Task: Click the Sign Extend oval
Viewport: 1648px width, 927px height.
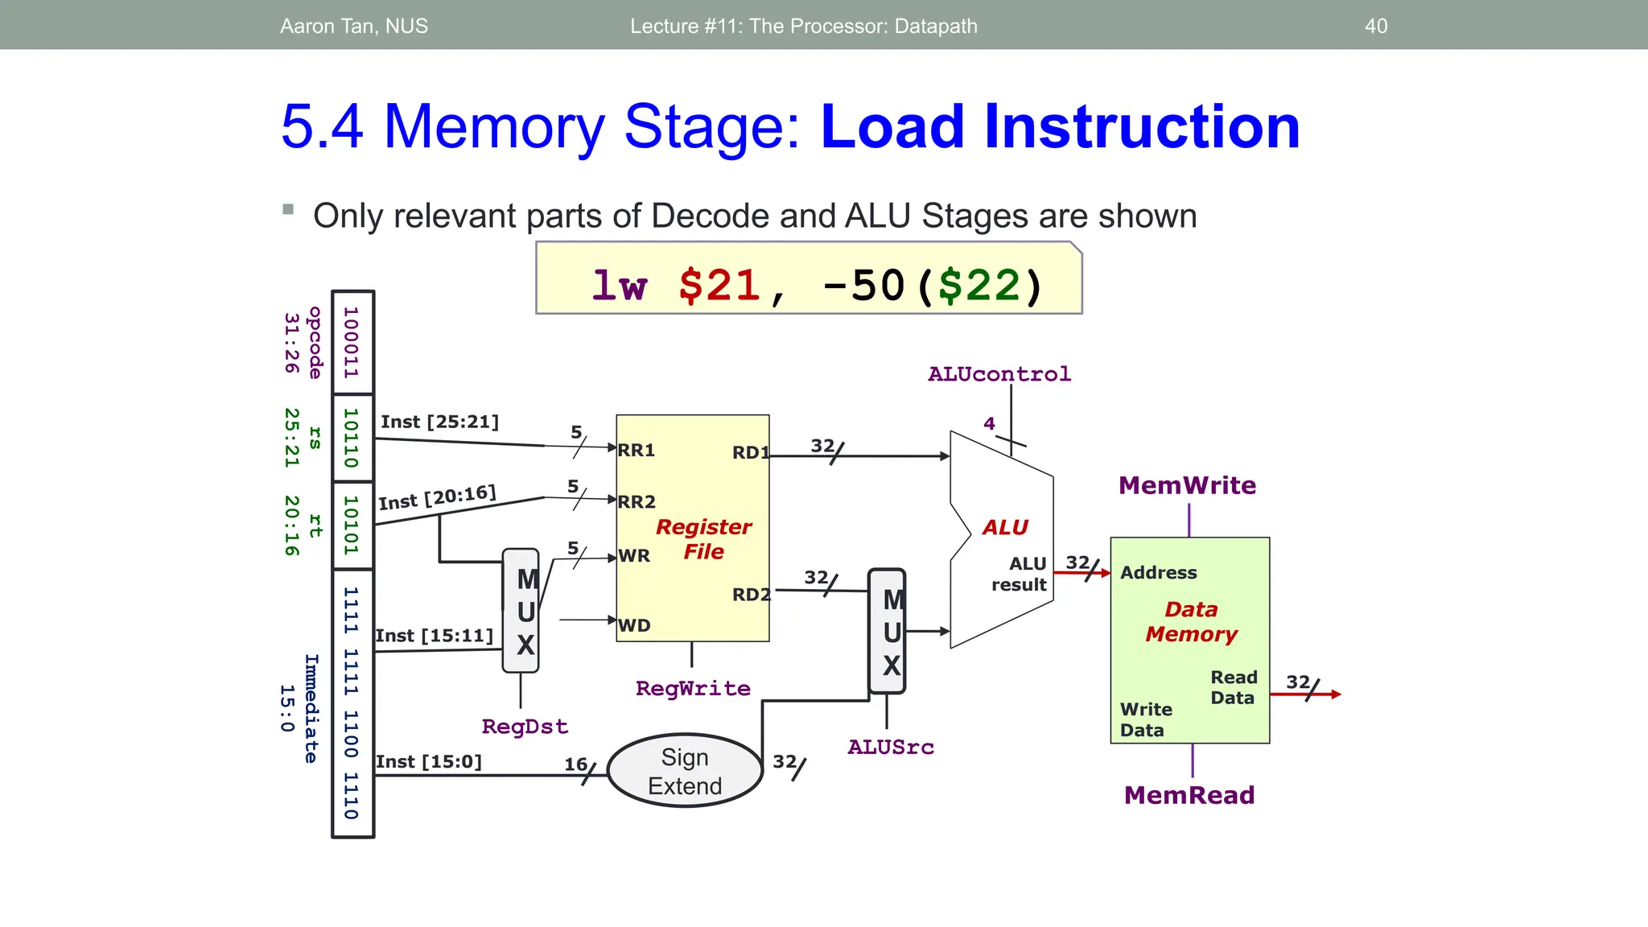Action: point(685,771)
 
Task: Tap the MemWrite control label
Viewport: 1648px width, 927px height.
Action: point(1187,485)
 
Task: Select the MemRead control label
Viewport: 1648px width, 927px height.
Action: point(1189,795)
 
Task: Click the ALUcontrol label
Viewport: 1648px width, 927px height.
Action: point(999,374)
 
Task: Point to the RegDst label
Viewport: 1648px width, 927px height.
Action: point(525,727)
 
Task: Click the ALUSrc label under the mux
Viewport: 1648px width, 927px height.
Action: point(891,748)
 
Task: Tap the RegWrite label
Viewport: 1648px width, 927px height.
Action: point(693,689)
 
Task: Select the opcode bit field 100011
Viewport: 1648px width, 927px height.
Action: point(352,342)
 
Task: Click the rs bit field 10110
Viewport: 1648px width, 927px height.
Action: point(352,438)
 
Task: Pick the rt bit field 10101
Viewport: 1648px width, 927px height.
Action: point(352,525)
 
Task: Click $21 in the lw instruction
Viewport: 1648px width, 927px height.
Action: point(719,286)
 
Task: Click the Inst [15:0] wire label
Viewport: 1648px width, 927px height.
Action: point(429,761)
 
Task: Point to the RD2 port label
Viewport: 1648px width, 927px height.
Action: point(751,595)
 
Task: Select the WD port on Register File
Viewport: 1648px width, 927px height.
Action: point(634,625)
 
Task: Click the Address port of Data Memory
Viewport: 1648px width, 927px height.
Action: point(1158,573)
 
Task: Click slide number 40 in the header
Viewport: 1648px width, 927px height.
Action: point(1376,26)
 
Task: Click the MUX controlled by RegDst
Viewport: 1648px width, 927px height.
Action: point(521,611)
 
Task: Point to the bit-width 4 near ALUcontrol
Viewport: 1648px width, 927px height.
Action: point(989,423)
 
